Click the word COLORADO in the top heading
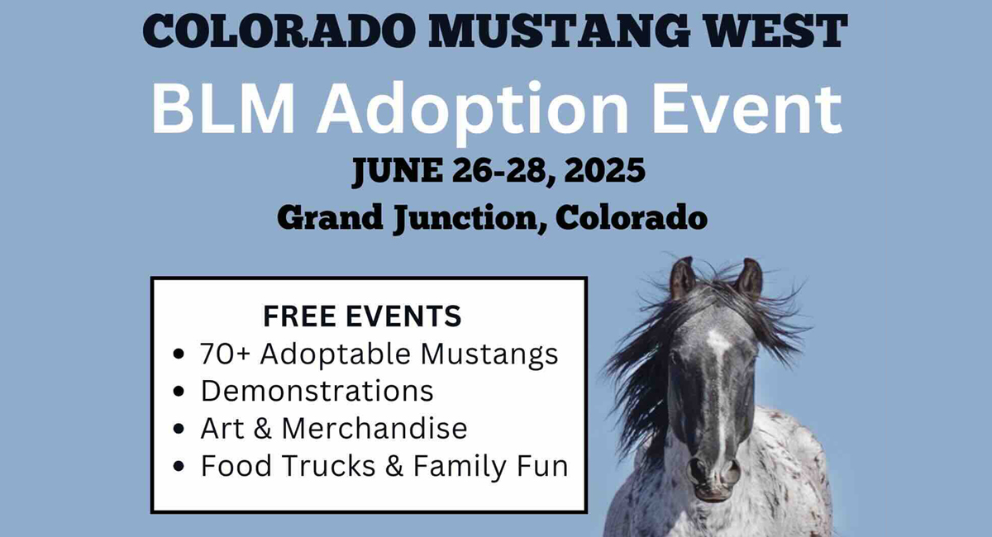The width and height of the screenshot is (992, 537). point(279,31)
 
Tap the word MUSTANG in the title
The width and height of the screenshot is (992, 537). point(560,31)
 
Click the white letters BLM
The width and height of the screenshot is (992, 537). point(224,108)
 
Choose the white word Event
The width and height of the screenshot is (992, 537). point(747,109)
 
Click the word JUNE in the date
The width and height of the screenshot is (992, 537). point(398,171)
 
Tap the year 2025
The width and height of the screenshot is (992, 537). point(604,170)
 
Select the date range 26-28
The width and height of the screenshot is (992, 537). point(504,171)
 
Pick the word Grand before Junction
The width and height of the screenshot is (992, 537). point(330,217)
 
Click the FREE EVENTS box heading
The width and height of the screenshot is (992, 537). point(362,316)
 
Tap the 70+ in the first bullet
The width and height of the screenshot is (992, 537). point(225,354)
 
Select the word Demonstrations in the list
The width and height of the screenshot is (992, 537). point(317,391)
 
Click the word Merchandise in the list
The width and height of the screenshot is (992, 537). point(374,429)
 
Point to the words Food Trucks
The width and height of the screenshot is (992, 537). point(289,466)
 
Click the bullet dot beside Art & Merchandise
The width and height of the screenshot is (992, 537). point(179,429)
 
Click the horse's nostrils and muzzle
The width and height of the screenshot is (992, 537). point(714,477)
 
